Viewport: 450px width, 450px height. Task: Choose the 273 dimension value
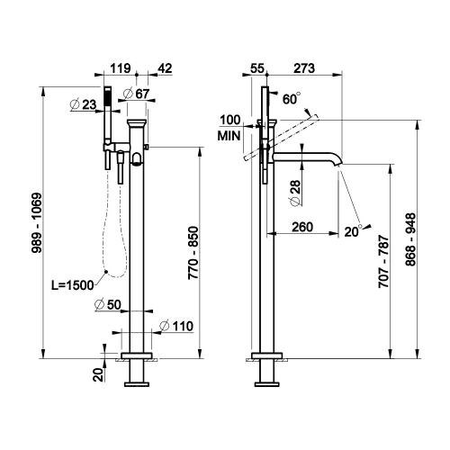[304, 67]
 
